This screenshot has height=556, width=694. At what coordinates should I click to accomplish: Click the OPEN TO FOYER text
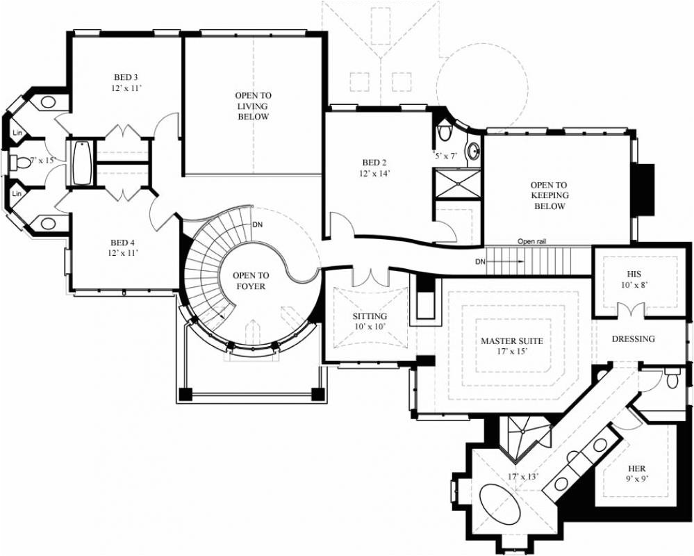(249, 281)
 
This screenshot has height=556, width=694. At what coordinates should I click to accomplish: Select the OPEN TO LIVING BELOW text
(252, 106)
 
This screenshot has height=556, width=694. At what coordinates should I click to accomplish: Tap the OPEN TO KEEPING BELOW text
(549, 195)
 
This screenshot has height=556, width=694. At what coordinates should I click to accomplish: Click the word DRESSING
(633, 339)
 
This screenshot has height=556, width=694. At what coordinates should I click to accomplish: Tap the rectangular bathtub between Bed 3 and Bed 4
(82, 163)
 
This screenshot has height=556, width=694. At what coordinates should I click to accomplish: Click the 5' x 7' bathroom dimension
(445, 155)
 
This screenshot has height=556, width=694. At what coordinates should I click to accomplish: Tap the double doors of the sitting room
(369, 277)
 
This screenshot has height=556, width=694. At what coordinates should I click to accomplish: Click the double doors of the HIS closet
(633, 309)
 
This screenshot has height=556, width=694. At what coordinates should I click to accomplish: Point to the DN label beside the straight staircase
(480, 262)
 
